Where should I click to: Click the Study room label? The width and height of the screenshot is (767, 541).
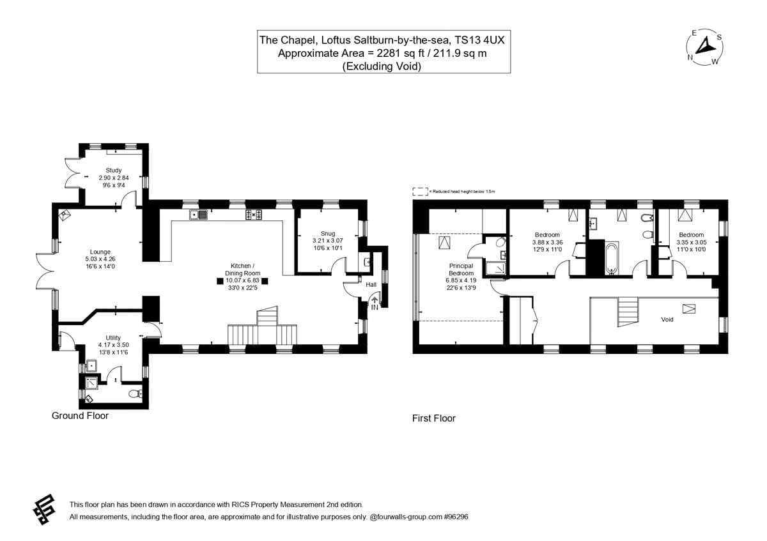[x=113, y=170]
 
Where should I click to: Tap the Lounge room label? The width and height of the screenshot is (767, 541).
[x=100, y=252]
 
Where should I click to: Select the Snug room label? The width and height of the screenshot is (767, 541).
[x=328, y=233]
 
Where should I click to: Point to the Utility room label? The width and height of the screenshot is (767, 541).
[x=113, y=338]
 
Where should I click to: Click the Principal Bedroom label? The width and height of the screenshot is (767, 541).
[x=461, y=270]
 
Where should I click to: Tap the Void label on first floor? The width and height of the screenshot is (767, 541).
[x=667, y=319]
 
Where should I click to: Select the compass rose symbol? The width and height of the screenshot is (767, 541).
[x=704, y=47]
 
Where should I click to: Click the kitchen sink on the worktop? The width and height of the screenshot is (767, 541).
[x=198, y=215]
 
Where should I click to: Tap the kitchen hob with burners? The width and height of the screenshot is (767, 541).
[x=254, y=215]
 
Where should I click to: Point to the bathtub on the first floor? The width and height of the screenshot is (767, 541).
[x=612, y=258]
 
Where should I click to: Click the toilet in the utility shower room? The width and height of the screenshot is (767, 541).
[x=136, y=393]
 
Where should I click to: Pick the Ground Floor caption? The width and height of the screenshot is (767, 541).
[x=80, y=415]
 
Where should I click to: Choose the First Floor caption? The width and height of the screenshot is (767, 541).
[x=434, y=418]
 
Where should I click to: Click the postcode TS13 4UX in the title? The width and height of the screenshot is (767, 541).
[x=479, y=40]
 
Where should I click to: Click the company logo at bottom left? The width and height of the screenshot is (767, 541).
[x=44, y=509]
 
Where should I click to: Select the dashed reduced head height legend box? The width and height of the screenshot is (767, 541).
[x=420, y=192]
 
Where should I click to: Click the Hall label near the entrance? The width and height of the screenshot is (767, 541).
[x=371, y=284]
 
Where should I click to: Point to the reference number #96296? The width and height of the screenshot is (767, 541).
[x=456, y=517]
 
